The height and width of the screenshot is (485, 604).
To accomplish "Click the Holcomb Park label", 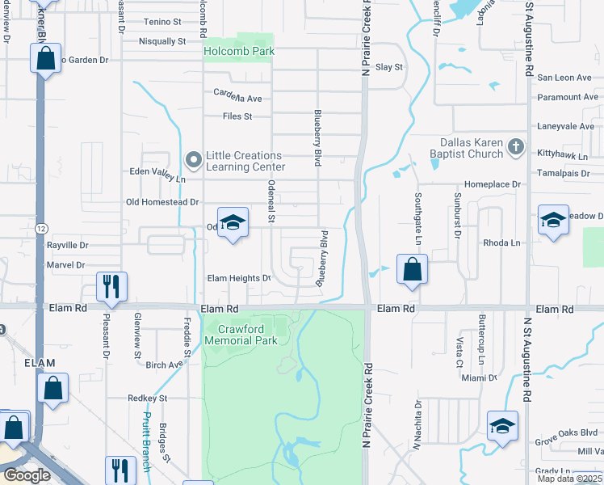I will tap(239, 51).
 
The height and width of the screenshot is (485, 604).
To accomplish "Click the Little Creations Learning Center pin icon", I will tap(193, 158).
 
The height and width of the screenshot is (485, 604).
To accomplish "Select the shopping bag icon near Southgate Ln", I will tap(412, 269).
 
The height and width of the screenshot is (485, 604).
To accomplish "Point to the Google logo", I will tap(26, 475).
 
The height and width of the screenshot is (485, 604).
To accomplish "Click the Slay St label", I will tap(389, 67).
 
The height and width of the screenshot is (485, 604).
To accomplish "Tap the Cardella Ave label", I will tap(237, 99).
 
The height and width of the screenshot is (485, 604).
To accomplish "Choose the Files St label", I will tap(237, 116).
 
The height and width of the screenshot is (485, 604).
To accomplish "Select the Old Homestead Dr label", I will tap(162, 202).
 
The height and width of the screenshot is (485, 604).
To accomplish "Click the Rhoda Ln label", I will tap(499, 242).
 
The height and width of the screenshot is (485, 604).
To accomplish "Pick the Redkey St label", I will tap(147, 399).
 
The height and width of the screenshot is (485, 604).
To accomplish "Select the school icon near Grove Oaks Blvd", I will tap(501, 426).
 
